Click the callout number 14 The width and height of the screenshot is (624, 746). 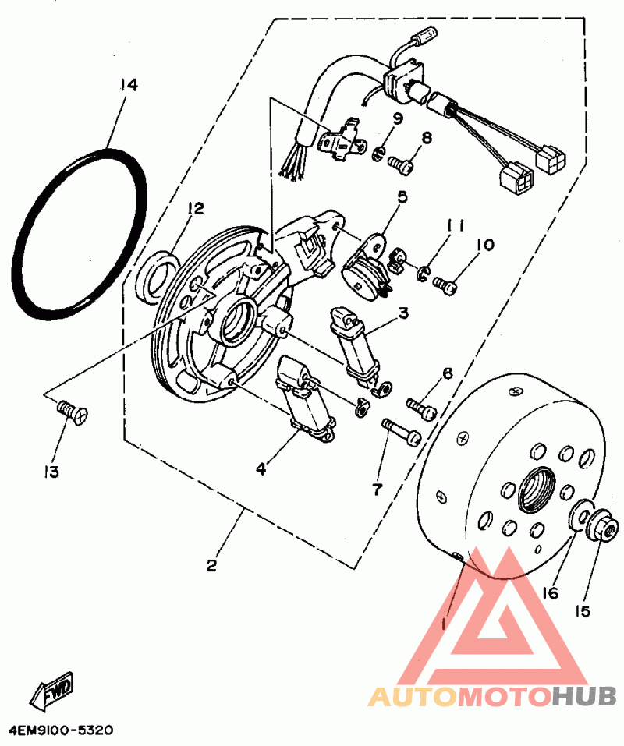(129, 84)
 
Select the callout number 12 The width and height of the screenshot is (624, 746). (194, 208)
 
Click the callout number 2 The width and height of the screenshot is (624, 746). (211, 566)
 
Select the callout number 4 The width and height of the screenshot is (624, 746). (261, 468)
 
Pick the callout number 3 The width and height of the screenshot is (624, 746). (403, 313)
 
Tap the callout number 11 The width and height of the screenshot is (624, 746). (456, 226)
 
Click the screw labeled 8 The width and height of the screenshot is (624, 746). (402, 165)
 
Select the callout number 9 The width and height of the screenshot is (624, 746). (397, 119)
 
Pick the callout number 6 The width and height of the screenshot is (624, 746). (447, 373)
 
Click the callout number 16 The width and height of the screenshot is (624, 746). (551, 592)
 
